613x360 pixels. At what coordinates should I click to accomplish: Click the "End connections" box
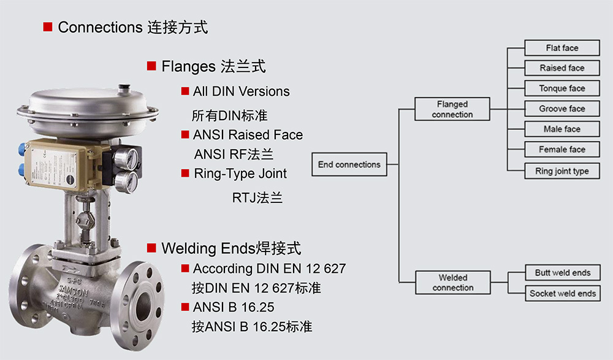click(x=349, y=164)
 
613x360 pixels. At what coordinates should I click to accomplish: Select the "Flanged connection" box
click(x=452, y=109)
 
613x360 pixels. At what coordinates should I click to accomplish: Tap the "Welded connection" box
click(x=453, y=283)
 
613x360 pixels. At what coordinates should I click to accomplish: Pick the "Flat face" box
click(x=562, y=48)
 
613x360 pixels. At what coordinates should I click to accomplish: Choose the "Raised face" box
click(x=562, y=68)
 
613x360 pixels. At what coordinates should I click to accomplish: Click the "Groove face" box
click(x=562, y=109)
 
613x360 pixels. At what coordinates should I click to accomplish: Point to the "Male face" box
click(x=562, y=129)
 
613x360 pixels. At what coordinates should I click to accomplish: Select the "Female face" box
click(x=562, y=149)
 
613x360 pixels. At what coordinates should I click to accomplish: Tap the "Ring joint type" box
click(x=562, y=171)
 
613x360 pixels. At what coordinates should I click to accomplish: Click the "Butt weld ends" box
click(x=562, y=273)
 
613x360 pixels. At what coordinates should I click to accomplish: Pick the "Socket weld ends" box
click(x=562, y=293)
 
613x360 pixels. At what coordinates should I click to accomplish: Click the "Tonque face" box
click(x=562, y=88)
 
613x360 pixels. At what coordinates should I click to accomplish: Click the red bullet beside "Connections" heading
click(x=48, y=27)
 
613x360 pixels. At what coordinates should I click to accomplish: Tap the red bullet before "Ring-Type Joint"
click(x=185, y=174)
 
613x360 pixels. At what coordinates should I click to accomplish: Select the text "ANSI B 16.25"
click(x=234, y=307)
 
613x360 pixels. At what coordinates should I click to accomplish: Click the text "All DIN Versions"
click(x=241, y=91)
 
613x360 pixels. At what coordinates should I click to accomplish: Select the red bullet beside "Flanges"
click(x=151, y=66)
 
